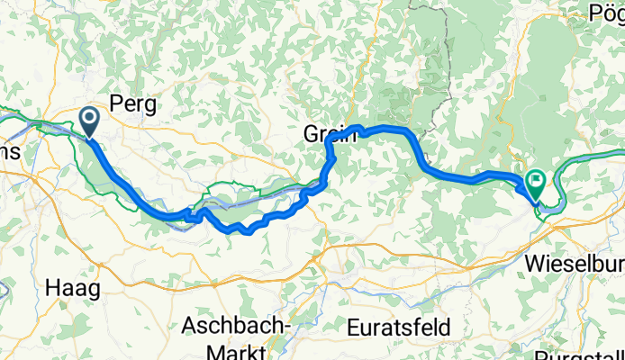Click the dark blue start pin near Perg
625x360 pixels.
90,120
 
